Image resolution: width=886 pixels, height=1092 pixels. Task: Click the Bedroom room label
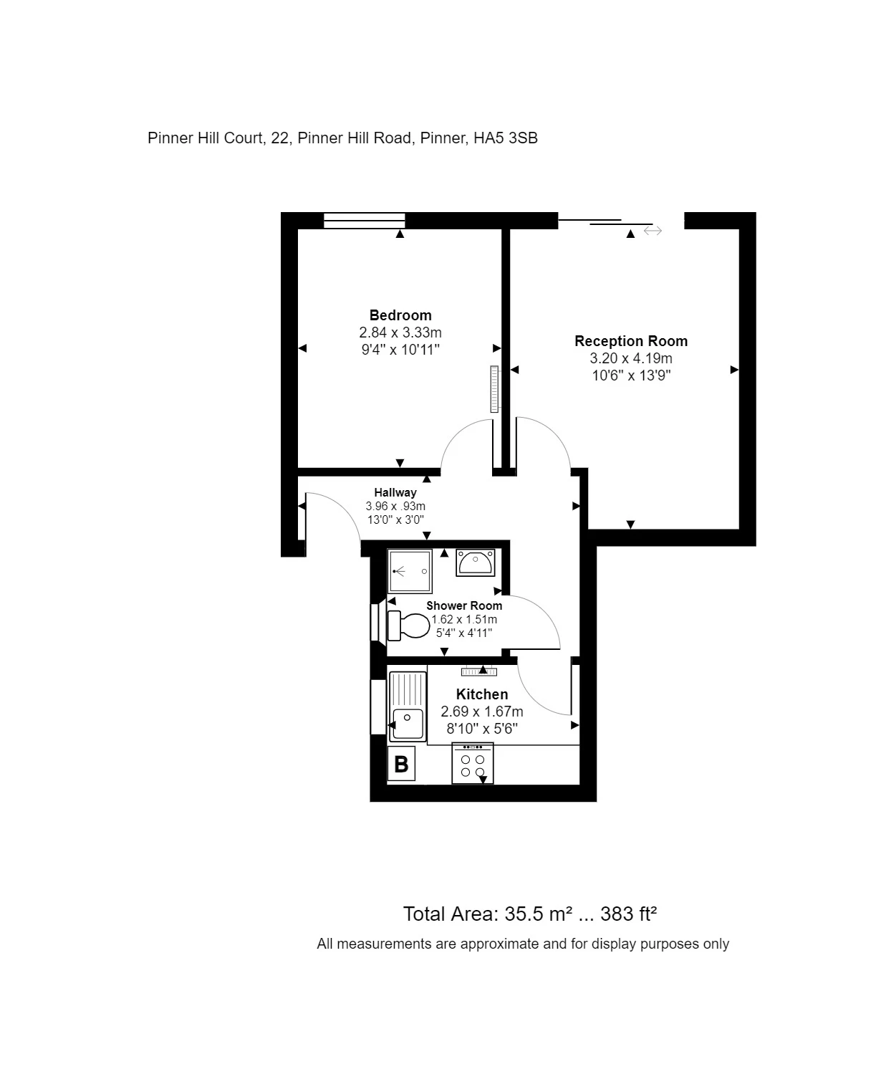point(400,315)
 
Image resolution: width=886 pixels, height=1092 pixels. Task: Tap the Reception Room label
point(631,341)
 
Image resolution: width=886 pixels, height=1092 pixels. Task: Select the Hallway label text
point(395,492)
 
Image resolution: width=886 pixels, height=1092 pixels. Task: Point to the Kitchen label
point(482,694)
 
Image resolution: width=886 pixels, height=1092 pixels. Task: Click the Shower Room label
point(464,605)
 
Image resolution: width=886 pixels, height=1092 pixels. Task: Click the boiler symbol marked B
point(401,764)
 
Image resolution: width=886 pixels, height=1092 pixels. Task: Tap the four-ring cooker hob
point(473,763)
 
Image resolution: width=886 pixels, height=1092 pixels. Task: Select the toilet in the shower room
point(408,626)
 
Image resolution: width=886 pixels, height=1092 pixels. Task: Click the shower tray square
point(410,571)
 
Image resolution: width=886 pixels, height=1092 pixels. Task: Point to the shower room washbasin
point(475,562)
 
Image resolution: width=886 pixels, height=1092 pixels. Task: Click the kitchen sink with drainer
point(408,707)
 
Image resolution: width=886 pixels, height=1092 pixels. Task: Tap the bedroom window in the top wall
point(365,221)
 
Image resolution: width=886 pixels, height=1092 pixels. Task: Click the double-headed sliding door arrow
point(653,231)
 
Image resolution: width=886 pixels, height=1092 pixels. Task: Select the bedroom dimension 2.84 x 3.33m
point(400,332)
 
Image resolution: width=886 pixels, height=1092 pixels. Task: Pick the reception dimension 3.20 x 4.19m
point(631,358)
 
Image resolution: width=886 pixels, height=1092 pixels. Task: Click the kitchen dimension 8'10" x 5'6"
point(482,729)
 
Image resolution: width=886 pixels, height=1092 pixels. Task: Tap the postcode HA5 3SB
point(505,138)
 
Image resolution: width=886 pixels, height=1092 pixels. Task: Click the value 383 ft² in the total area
point(628,914)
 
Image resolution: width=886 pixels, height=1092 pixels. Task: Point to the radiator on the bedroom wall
point(494,389)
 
